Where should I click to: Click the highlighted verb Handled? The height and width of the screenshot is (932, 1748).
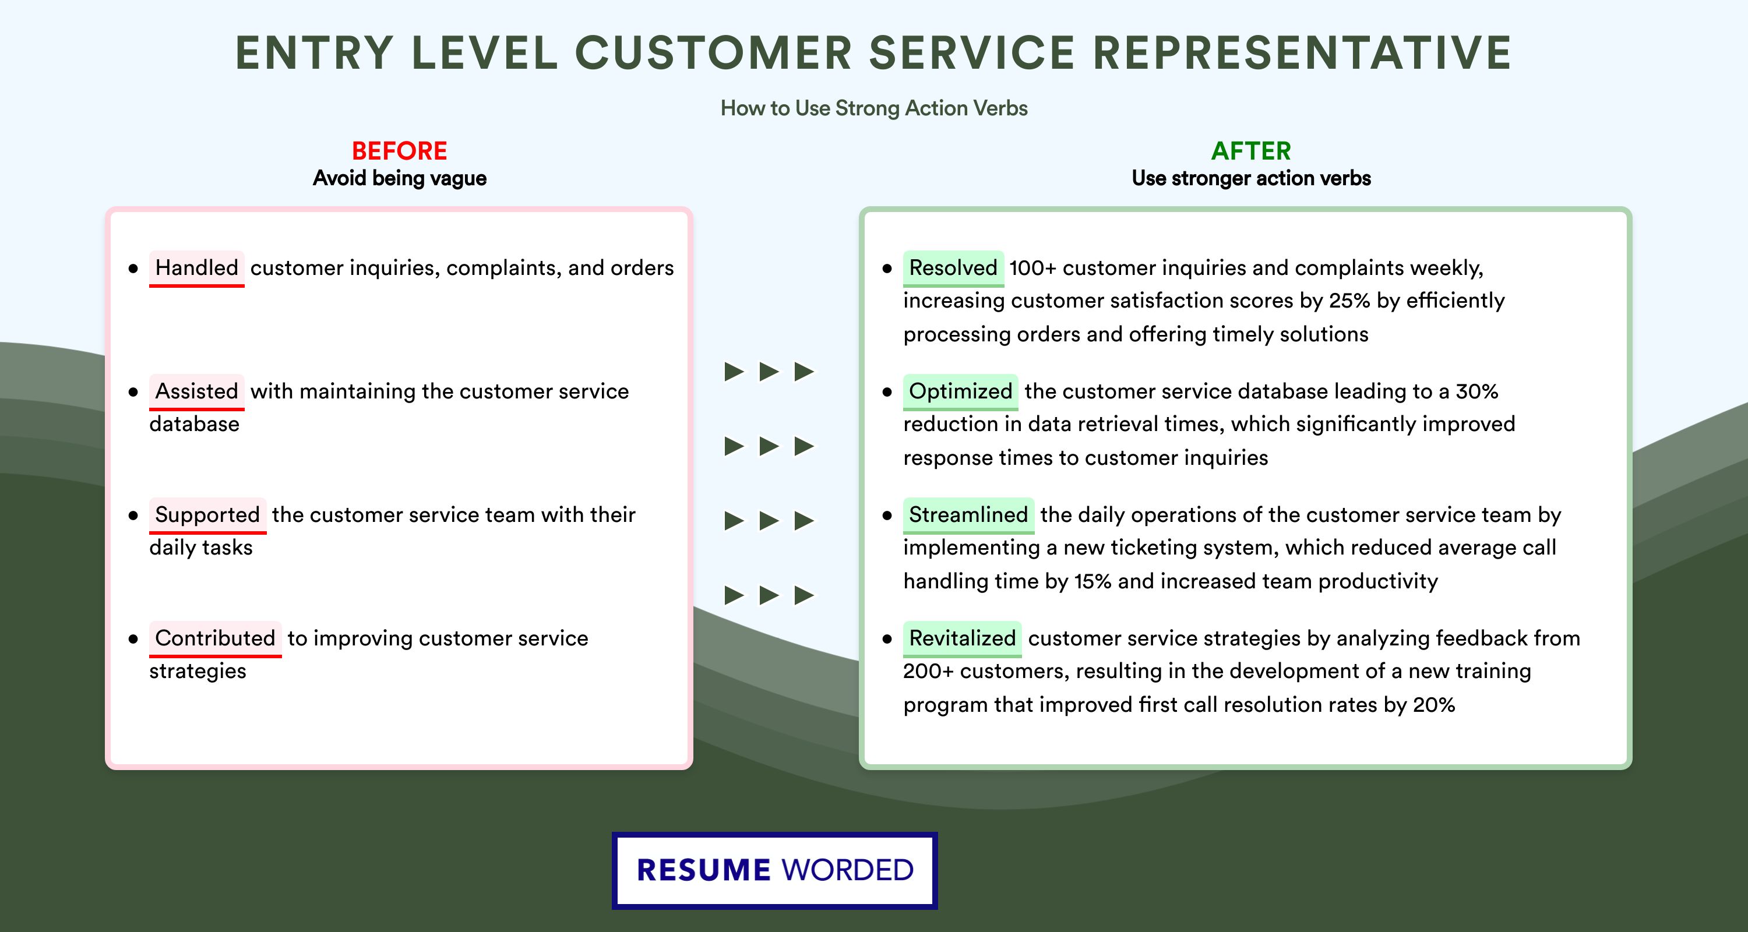tap(196, 268)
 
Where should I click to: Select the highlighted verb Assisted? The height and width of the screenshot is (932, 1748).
tap(196, 391)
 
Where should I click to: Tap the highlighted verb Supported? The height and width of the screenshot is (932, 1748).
tap(207, 515)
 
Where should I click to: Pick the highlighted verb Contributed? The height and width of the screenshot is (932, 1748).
tap(214, 638)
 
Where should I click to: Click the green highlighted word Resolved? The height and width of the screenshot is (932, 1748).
tap(953, 268)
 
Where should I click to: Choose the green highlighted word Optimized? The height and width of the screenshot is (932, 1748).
tap(960, 391)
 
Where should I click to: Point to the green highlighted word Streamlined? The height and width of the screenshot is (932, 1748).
tap(968, 515)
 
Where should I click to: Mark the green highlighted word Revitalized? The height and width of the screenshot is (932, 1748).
tap(961, 638)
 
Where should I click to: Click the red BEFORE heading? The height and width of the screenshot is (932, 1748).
tap(399, 151)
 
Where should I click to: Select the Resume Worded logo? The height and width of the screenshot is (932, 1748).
tap(774, 870)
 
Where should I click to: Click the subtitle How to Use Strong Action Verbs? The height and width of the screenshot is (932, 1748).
tap(873, 108)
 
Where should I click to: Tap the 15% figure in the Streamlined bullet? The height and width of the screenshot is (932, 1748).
tap(1092, 581)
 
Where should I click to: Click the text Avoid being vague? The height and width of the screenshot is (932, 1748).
tap(399, 178)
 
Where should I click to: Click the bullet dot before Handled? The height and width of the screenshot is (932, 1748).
tap(133, 269)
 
